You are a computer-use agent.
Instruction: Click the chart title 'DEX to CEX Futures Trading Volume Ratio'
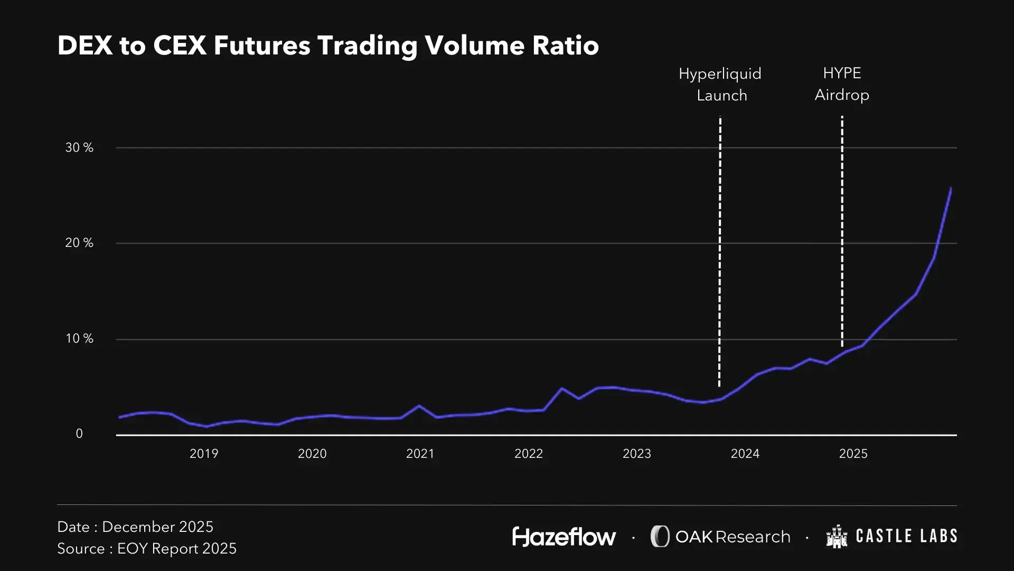(x=328, y=45)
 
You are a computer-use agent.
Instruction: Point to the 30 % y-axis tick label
(x=79, y=148)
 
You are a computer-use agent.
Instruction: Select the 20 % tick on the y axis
(x=79, y=243)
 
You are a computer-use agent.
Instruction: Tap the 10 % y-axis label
(x=79, y=339)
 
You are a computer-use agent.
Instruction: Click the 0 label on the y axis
(x=79, y=434)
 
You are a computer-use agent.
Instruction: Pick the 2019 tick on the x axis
(x=204, y=454)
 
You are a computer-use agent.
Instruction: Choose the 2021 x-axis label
(x=420, y=454)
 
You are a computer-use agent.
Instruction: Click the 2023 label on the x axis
(x=637, y=454)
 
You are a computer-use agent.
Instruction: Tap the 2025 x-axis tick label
(x=853, y=454)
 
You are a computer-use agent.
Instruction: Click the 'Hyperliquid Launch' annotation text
(x=720, y=85)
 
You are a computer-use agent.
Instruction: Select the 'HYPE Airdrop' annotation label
(x=842, y=84)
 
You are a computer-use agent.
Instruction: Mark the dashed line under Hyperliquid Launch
(x=720, y=251)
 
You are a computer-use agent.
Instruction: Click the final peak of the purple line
(x=951, y=188)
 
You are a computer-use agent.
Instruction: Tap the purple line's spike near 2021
(x=419, y=406)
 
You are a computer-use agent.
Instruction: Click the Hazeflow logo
(x=564, y=537)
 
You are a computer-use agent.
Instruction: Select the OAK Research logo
(x=720, y=537)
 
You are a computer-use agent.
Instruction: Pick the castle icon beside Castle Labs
(x=837, y=537)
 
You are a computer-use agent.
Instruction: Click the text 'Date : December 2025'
(x=135, y=527)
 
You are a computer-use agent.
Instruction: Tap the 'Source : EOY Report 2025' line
(x=147, y=549)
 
